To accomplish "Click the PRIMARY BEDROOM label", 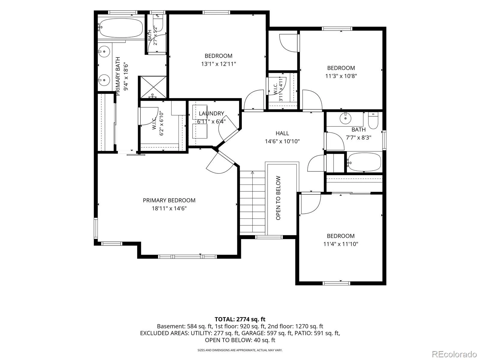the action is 169,200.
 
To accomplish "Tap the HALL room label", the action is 282,133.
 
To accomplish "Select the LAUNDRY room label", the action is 211,113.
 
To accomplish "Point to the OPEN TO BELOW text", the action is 278,198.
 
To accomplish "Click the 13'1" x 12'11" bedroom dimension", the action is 218,64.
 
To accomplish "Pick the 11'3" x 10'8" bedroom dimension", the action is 341,76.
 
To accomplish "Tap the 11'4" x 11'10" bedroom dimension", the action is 341,244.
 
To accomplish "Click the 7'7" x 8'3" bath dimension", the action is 358,137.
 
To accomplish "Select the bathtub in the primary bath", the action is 121,28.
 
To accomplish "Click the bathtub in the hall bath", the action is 364,162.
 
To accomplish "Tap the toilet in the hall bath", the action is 373,120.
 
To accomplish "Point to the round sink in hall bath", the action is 345,118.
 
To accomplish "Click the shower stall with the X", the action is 153,87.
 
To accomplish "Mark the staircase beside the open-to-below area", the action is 253,202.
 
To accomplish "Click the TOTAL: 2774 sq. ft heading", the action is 240,319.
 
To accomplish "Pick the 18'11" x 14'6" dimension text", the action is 169,208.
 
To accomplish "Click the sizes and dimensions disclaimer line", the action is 240,350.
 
